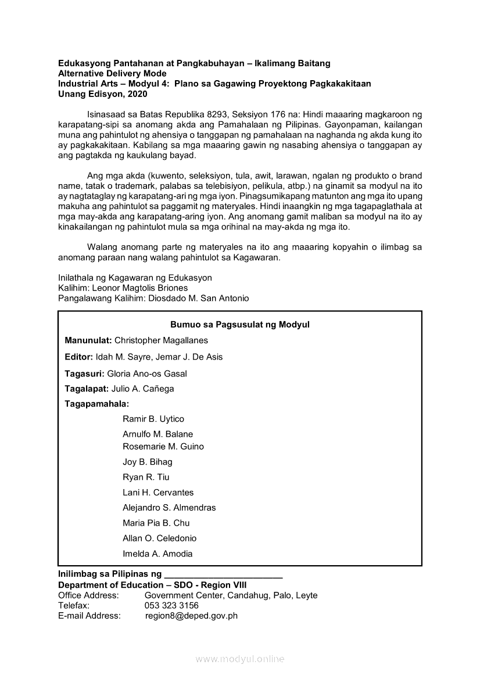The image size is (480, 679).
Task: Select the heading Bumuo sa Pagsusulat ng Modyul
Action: (240, 325)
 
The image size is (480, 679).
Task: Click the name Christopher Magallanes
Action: (161, 340)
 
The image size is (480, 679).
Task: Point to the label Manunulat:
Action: (88, 340)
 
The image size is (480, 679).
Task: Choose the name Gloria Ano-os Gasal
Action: (147, 373)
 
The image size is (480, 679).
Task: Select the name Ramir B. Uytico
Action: (153, 419)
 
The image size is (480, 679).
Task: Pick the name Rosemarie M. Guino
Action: (163, 447)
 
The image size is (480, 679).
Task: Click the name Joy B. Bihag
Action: (148, 462)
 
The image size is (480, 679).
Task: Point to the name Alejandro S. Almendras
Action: (169, 508)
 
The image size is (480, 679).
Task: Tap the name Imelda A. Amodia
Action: (157, 554)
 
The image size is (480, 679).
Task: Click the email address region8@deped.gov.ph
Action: (191, 616)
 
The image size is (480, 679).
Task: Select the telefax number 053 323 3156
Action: (171, 605)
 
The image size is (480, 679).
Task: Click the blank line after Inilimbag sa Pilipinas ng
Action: (224, 575)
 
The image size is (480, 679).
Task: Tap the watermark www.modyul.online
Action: (240, 659)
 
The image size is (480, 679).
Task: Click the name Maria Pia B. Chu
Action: (156, 523)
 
